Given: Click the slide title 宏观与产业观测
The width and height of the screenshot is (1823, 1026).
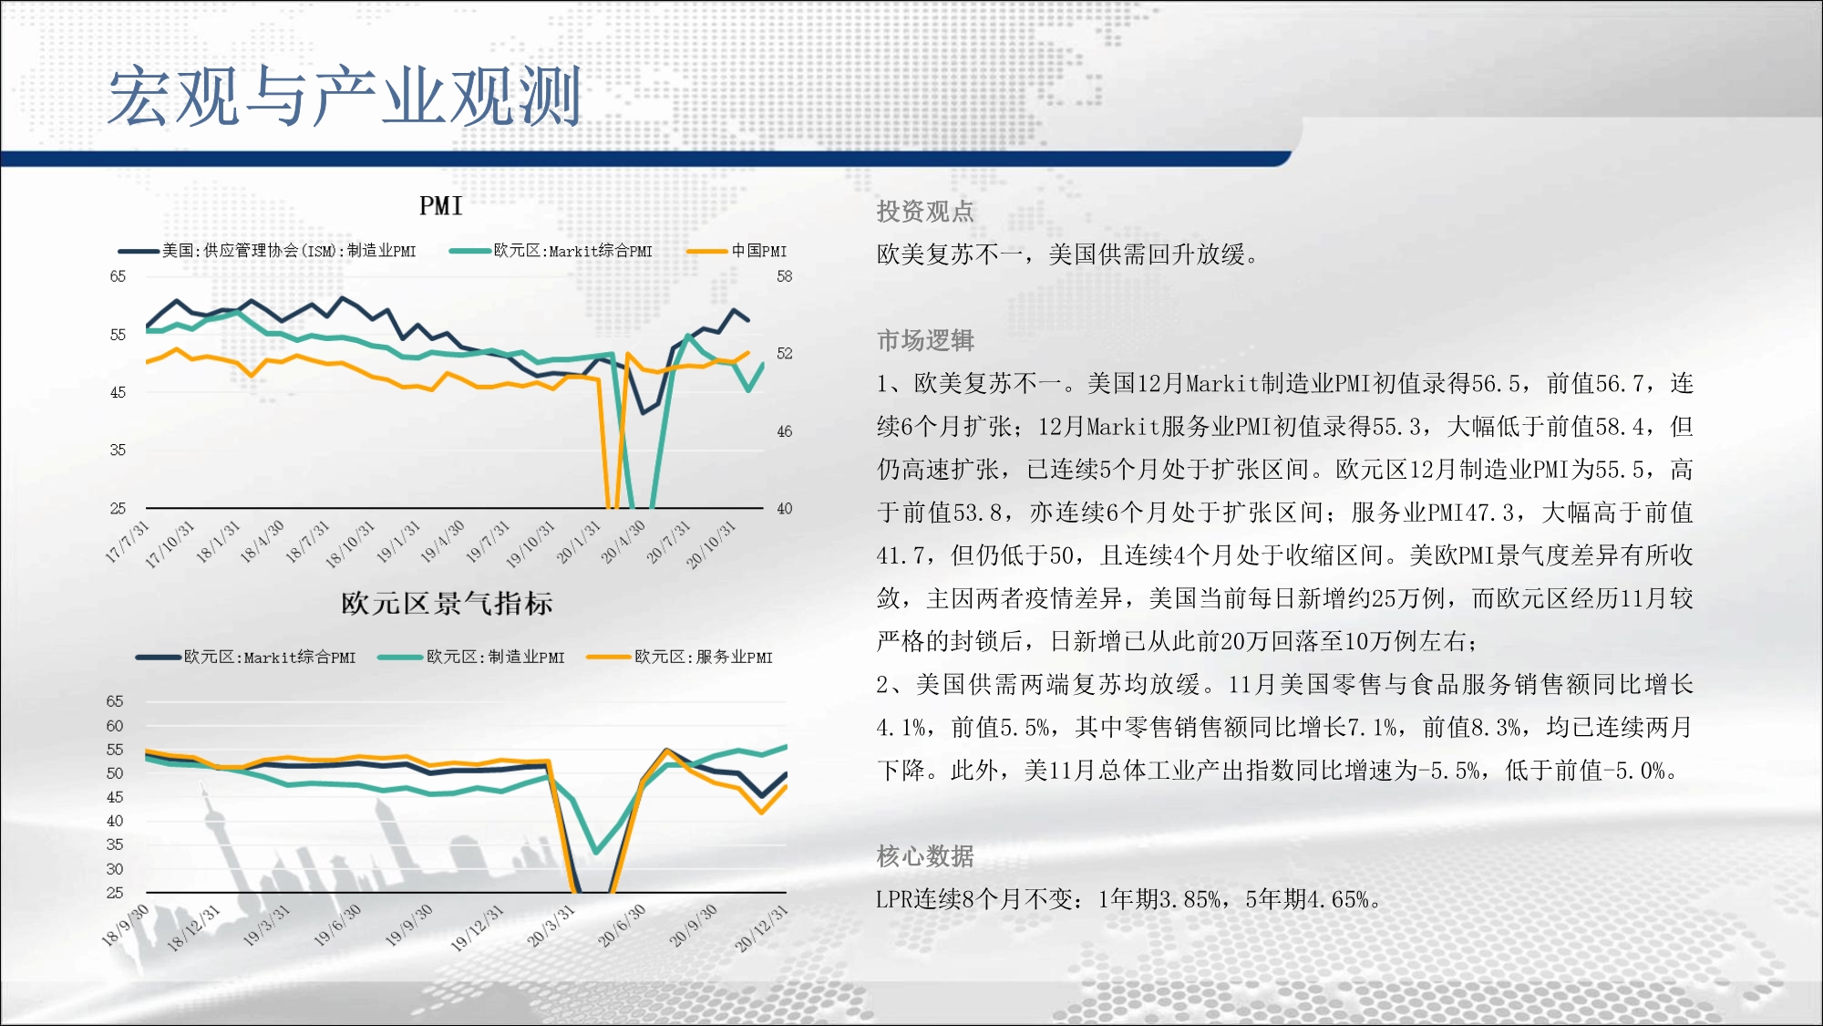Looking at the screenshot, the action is click(345, 96).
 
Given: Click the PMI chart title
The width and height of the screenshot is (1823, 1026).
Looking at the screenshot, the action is click(441, 206).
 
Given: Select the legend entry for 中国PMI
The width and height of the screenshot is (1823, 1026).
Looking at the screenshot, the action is click(736, 251).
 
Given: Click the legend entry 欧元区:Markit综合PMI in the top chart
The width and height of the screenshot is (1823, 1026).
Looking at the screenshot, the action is click(551, 251).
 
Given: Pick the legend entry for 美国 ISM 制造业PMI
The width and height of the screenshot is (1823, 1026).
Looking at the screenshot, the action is click(267, 251).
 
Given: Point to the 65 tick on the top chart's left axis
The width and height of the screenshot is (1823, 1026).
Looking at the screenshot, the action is click(118, 276).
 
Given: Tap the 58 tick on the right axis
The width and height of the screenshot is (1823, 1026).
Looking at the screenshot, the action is click(785, 276).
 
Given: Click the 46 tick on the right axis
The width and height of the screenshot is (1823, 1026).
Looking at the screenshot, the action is click(785, 431).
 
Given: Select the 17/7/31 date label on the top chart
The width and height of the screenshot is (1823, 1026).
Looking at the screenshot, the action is click(127, 542).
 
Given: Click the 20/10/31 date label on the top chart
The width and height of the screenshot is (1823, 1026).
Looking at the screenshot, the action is click(711, 545).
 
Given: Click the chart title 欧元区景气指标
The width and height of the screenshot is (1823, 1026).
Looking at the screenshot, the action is click(447, 603).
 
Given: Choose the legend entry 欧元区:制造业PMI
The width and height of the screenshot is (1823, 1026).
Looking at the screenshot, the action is click(471, 657).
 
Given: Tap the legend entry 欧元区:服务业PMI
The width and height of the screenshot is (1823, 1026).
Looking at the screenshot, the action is click(680, 657).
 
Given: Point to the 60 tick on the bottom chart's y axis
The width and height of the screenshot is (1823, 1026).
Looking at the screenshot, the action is click(115, 726).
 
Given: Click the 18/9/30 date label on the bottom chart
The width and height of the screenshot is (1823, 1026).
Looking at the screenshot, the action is click(125, 925).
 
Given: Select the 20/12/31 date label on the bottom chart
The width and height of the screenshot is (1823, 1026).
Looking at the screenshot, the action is click(761, 928).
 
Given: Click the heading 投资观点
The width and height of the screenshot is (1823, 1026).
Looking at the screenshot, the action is click(925, 212).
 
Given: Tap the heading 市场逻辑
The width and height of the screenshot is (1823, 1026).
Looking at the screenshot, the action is click(925, 340).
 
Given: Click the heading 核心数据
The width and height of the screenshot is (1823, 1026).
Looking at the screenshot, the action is click(925, 856).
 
